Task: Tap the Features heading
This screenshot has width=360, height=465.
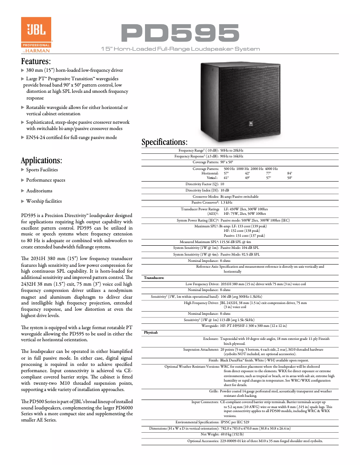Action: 36,61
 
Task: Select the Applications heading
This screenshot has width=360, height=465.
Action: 41,160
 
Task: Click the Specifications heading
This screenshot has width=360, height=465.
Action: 164,142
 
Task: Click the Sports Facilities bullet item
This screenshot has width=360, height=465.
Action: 42,170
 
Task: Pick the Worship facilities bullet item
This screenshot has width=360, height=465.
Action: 44,201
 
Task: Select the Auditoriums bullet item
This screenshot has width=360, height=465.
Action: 39,191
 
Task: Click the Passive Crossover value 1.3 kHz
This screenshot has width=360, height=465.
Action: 229,203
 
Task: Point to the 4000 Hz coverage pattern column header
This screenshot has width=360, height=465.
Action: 271,168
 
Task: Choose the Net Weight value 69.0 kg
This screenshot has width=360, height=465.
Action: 232,435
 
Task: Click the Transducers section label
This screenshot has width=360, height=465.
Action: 154,278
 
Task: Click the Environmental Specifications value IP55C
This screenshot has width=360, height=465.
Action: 235,422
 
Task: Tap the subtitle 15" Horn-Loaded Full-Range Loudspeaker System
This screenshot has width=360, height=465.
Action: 180,48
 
